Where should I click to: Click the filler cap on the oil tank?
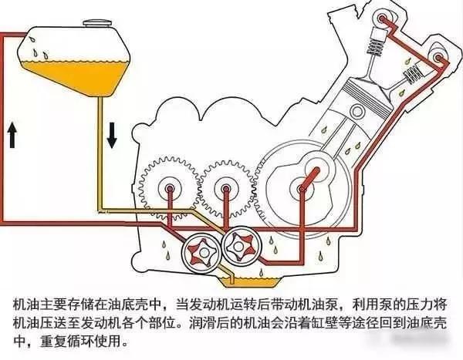point(97,22)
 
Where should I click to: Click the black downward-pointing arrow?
point(112,136)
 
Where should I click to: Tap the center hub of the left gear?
point(170,188)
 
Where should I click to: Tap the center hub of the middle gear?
point(226,188)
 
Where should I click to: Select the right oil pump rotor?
point(242,244)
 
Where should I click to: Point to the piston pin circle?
point(357,112)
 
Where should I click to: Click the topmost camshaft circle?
point(383,19)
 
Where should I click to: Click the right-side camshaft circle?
point(438,56)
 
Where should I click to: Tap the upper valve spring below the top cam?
point(374,46)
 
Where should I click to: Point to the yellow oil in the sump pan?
point(250,282)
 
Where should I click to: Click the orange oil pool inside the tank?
point(76,76)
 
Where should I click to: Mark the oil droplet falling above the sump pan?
point(261,273)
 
